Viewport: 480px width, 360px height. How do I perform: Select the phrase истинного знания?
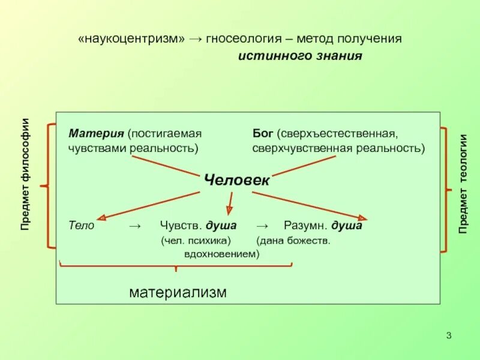301,56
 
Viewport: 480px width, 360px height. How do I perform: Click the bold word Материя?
95,133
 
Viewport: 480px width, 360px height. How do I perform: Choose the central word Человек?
237,179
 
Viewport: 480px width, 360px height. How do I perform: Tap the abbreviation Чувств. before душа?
182,226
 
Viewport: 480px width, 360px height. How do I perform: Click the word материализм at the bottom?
178,293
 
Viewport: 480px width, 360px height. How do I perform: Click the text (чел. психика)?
196,241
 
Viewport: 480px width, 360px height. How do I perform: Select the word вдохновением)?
221,254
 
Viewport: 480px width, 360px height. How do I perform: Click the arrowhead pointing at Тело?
103,218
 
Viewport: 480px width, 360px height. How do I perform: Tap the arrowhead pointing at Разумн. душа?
362,218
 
